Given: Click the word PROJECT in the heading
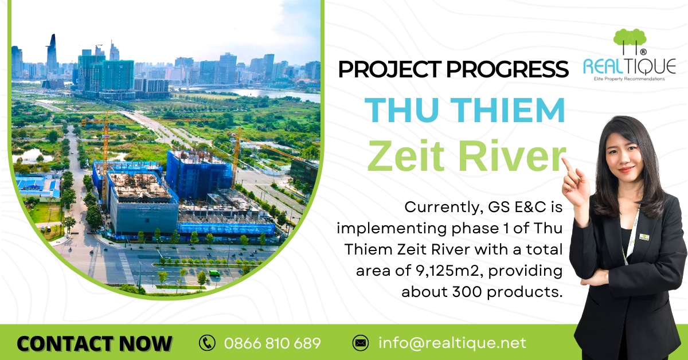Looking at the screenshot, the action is coord(390,69).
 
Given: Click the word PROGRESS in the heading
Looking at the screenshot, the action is coord(507,69).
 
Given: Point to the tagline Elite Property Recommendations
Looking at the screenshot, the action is coord(629,79).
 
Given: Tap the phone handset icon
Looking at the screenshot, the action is coord(207,343).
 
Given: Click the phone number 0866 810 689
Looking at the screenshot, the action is coord(272,343).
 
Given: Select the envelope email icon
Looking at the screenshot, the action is coord(360,343).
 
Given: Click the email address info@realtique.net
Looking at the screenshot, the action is coord(452,343).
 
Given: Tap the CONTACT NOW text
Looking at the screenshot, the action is coord(94,343).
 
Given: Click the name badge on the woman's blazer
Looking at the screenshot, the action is coord(644,237).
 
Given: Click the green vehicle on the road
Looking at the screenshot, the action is coord(214,273).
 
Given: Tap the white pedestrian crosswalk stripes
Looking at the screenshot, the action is coord(127,268).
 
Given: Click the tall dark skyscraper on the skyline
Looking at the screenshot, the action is coord(52,54).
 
